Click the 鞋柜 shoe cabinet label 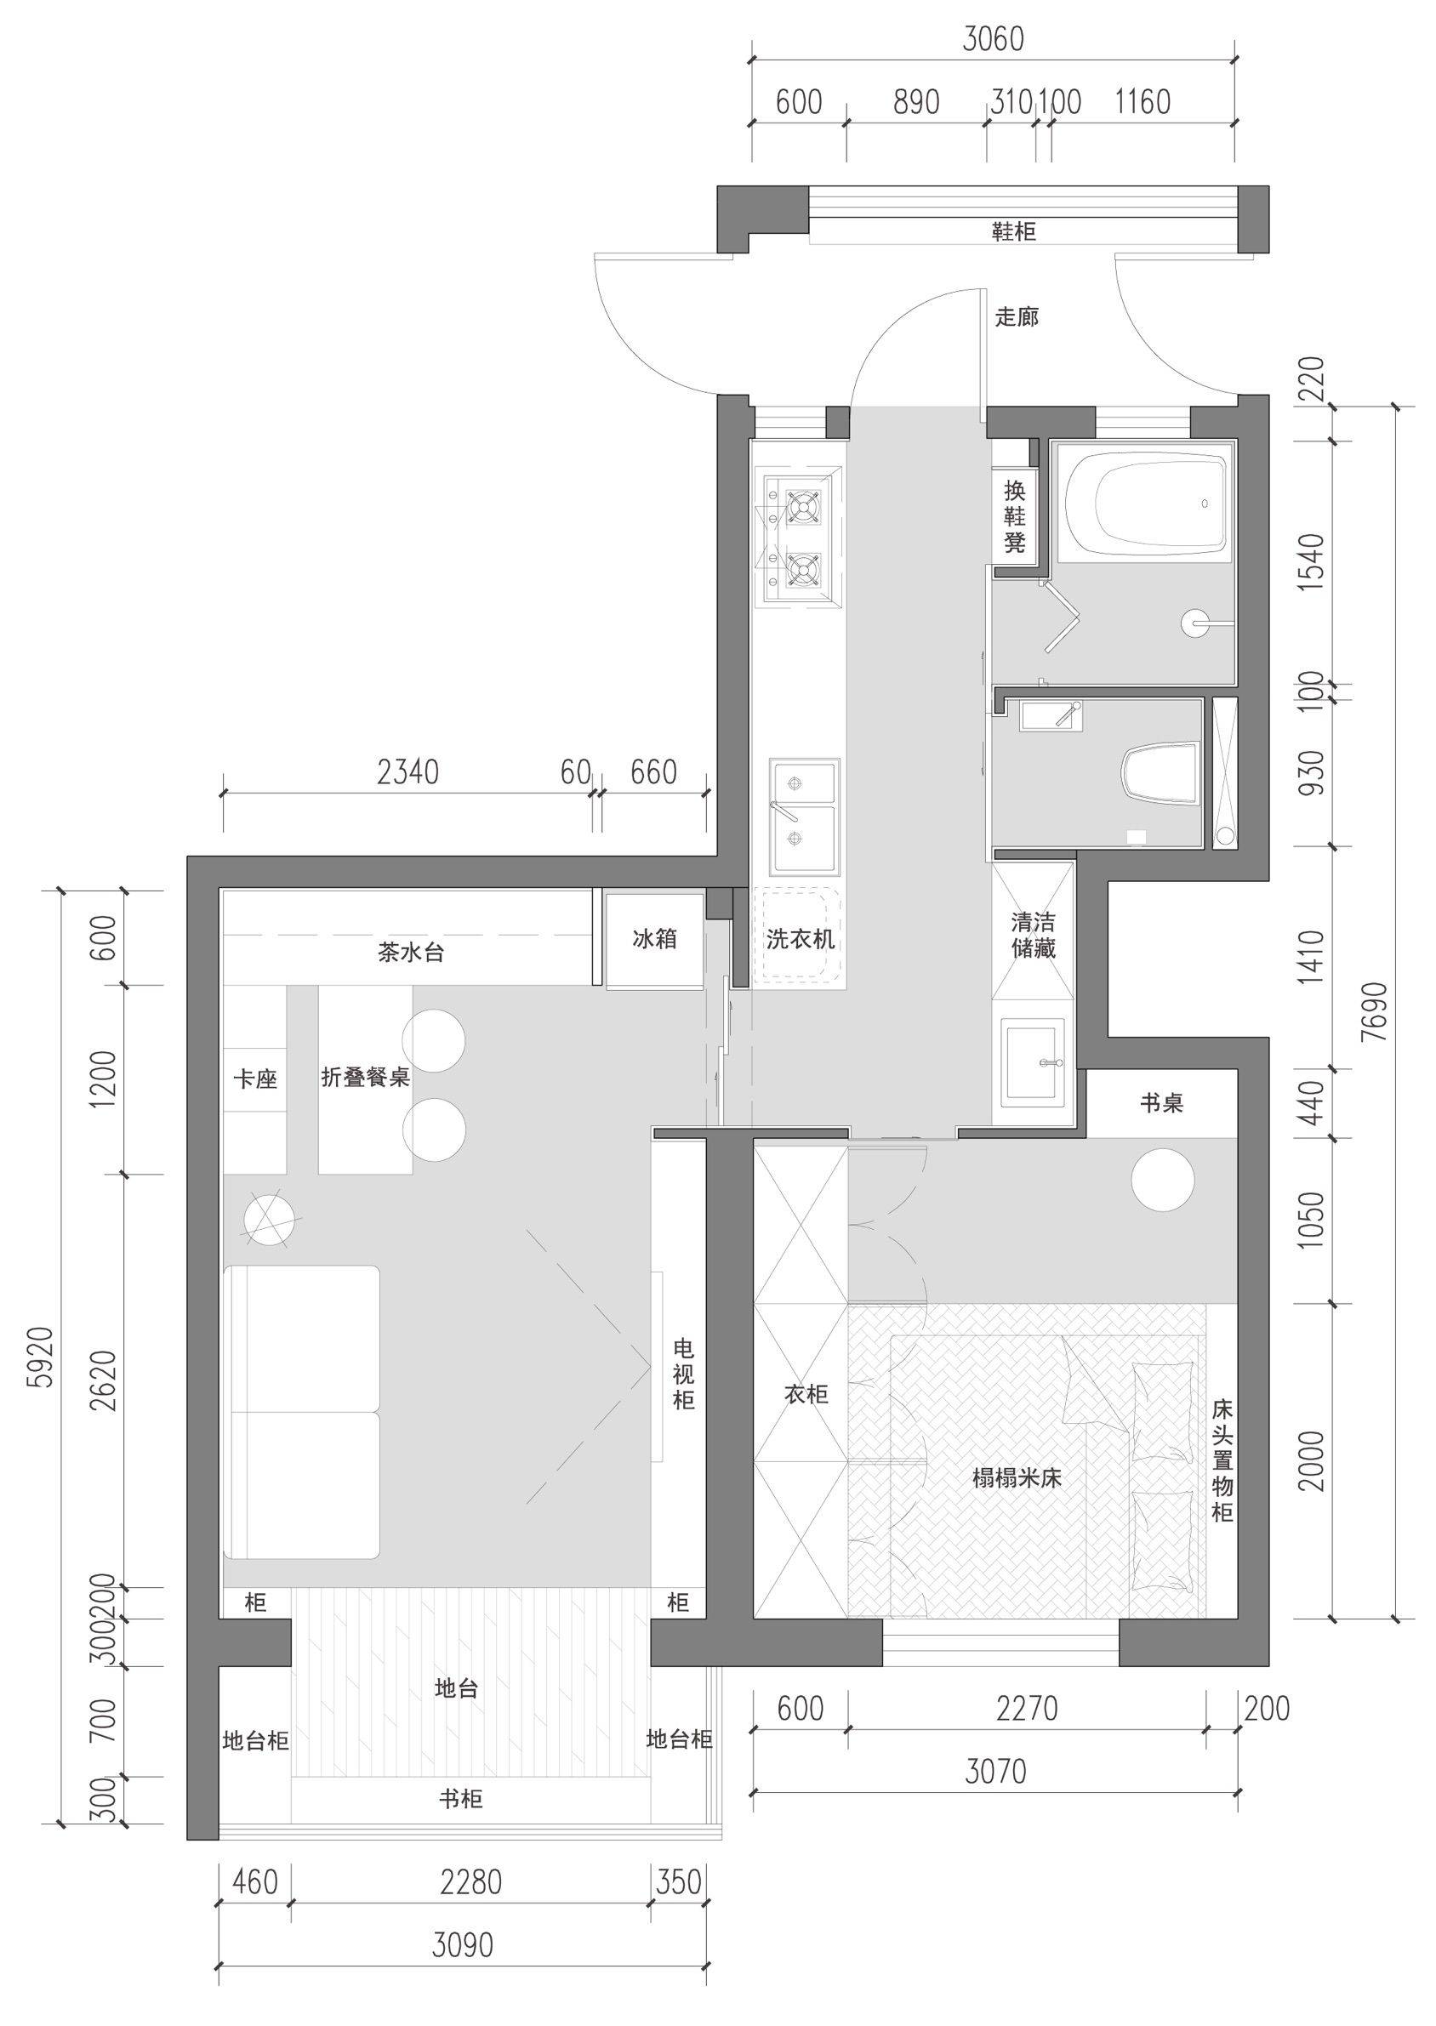pos(1013,232)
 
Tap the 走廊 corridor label pos(1017,316)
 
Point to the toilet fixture pos(1159,772)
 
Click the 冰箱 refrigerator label pos(655,939)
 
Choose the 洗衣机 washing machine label pos(801,939)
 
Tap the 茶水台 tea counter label pos(410,953)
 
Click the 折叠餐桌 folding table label pos(365,1078)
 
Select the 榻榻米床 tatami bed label pos(1017,1478)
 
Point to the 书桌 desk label pos(1161,1102)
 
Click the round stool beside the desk pos(1164,1179)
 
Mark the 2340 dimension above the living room pos(407,772)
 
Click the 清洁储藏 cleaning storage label pos(1033,936)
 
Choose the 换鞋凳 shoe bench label pos(1014,516)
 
